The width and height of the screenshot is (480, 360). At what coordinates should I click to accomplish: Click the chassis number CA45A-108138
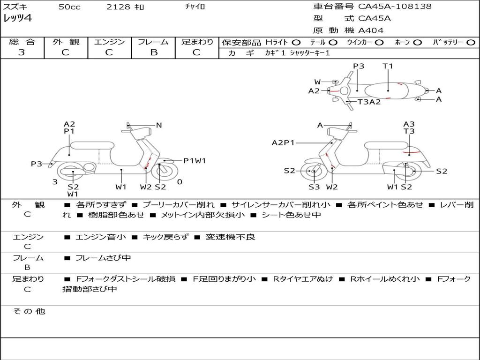(395, 7)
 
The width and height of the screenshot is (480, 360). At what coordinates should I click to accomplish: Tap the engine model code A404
(371, 30)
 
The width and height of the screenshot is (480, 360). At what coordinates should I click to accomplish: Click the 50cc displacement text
(69, 7)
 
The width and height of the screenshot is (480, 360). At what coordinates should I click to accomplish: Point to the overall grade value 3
(22, 52)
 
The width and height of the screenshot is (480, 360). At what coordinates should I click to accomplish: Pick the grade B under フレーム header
(153, 52)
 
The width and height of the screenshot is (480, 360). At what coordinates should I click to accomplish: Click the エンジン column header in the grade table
(109, 42)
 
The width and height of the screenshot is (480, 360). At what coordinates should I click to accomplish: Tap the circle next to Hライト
(296, 43)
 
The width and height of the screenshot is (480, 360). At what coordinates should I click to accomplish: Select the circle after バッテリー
(471, 43)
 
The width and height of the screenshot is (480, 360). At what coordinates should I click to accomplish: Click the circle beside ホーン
(418, 43)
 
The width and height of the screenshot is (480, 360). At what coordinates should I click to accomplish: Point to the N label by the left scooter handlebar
(159, 125)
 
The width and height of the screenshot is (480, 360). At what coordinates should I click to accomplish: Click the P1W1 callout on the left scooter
(195, 161)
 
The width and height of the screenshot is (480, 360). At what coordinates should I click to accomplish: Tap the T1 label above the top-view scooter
(388, 66)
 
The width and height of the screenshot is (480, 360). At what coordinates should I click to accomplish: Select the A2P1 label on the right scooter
(283, 142)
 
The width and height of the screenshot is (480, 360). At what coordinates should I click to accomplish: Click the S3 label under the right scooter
(314, 187)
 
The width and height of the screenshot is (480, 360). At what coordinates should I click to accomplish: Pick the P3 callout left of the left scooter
(37, 164)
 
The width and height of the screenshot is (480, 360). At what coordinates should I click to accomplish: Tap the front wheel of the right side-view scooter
(313, 172)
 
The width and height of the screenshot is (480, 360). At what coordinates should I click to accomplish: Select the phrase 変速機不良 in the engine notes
(231, 237)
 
